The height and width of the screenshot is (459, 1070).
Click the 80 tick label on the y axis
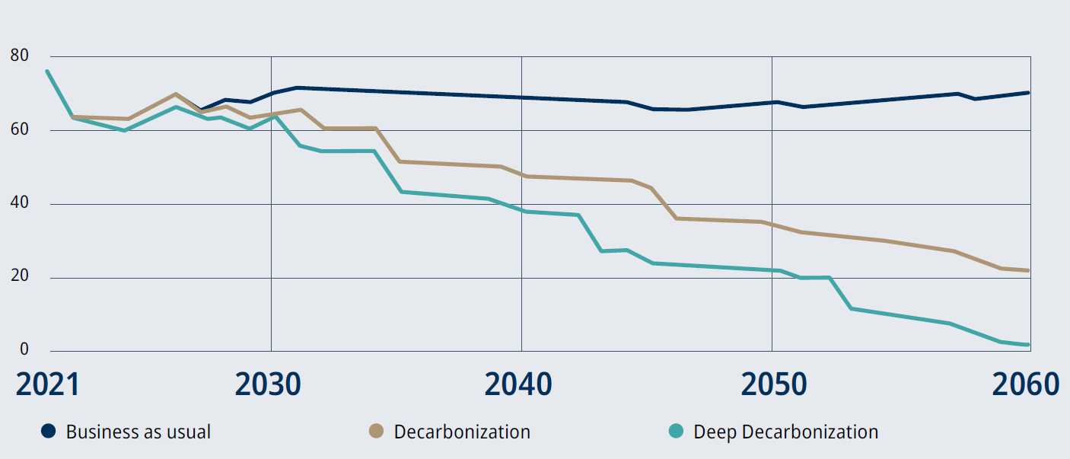click(x=20, y=56)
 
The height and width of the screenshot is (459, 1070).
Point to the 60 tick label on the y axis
click(x=20, y=129)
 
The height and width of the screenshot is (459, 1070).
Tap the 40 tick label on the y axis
click(x=20, y=203)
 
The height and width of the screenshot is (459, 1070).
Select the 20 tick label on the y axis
click(x=20, y=277)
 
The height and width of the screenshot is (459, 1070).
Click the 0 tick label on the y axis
click(x=24, y=350)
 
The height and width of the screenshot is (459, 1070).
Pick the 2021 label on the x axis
click(x=47, y=384)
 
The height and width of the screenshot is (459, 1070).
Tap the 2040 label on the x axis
click(x=518, y=384)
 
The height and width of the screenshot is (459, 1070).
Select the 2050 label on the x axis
click(x=773, y=384)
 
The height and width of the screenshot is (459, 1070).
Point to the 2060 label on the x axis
click(x=1024, y=384)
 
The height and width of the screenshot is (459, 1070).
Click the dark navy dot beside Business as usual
click(x=49, y=432)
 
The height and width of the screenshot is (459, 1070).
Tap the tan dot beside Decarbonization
click(x=376, y=432)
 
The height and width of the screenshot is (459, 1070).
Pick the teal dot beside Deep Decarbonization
click(x=676, y=432)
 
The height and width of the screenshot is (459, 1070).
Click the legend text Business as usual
click(x=138, y=432)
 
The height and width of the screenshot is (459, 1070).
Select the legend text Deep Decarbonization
click(x=785, y=432)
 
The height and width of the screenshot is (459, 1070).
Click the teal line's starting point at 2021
click(x=47, y=71)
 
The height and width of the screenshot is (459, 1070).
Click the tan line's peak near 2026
click(x=176, y=94)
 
